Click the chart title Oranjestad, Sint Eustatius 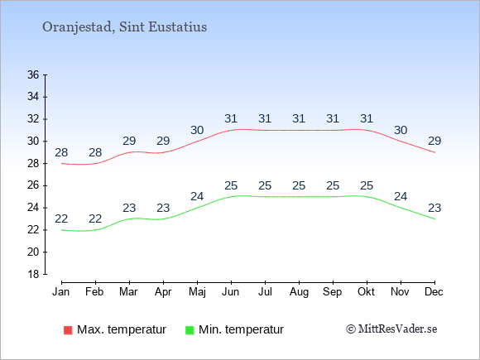pyautogui.click(x=125, y=27)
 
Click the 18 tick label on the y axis pyautogui.click(x=33, y=274)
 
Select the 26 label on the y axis pyautogui.click(x=33, y=185)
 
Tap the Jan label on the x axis pyautogui.click(x=61, y=292)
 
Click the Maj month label pyautogui.click(x=197, y=292)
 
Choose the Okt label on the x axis pyautogui.click(x=366, y=292)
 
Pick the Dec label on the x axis pyautogui.click(x=434, y=292)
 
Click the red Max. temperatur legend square pyautogui.click(x=68, y=330)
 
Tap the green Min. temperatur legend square pyautogui.click(x=190, y=330)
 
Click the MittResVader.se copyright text pyautogui.click(x=391, y=329)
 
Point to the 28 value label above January pyautogui.click(x=61, y=152)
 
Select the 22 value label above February pyautogui.click(x=95, y=218)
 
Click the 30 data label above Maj pyautogui.click(x=197, y=131)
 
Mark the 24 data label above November pyautogui.click(x=401, y=196)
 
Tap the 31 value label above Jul pyautogui.click(x=265, y=119)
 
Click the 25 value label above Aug pyautogui.click(x=299, y=186)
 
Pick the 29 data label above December pyautogui.click(x=434, y=142)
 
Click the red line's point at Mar pyautogui.click(x=129, y=152)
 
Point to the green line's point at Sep pyautogui.click(x=333, y=196)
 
